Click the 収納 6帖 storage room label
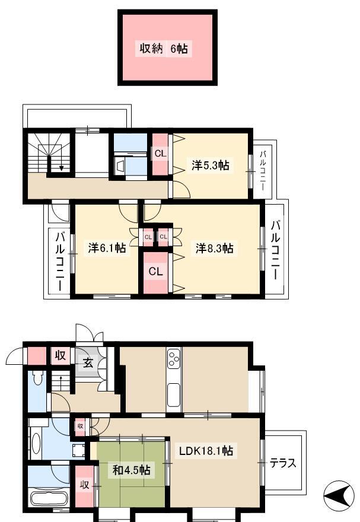pos(163,49)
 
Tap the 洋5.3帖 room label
pos(211,165)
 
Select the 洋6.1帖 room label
pos(107,248)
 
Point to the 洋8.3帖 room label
pos(215,248)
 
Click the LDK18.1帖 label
pos(206,451)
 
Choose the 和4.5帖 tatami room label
pos(132,470)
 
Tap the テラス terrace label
pos(282,463)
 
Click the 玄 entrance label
pos(88,363)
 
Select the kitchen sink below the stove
pos(174,395)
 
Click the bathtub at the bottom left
pos(49,499)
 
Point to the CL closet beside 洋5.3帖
pos(160,154)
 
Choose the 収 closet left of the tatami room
pos(84,485)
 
